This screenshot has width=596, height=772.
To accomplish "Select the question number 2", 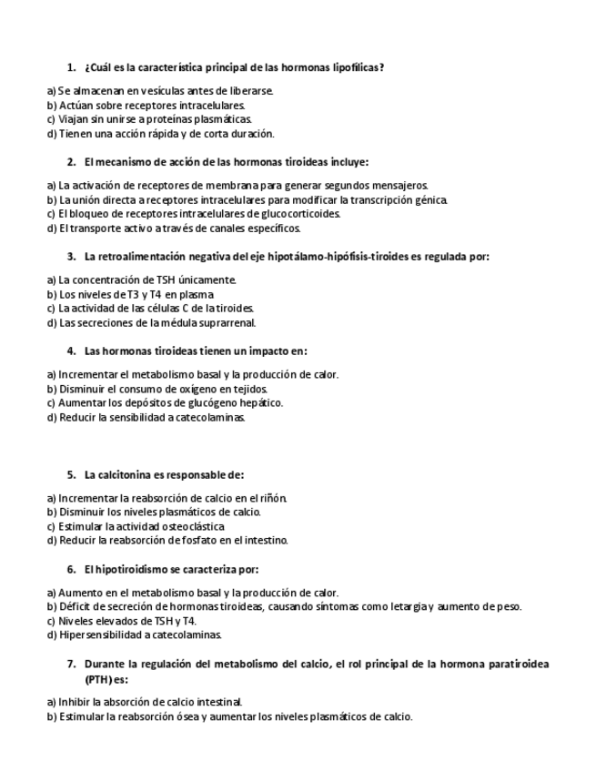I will [x=71, y=162].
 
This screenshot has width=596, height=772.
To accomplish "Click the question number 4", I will [x=71, y=350].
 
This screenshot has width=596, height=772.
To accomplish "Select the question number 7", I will [x=71, y=664].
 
